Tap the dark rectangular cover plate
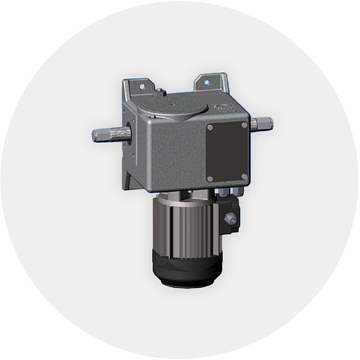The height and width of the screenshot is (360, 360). pos(228,152)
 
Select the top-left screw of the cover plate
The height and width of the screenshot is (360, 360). pos(210,128)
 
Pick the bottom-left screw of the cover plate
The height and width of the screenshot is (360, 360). pos(210,179)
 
